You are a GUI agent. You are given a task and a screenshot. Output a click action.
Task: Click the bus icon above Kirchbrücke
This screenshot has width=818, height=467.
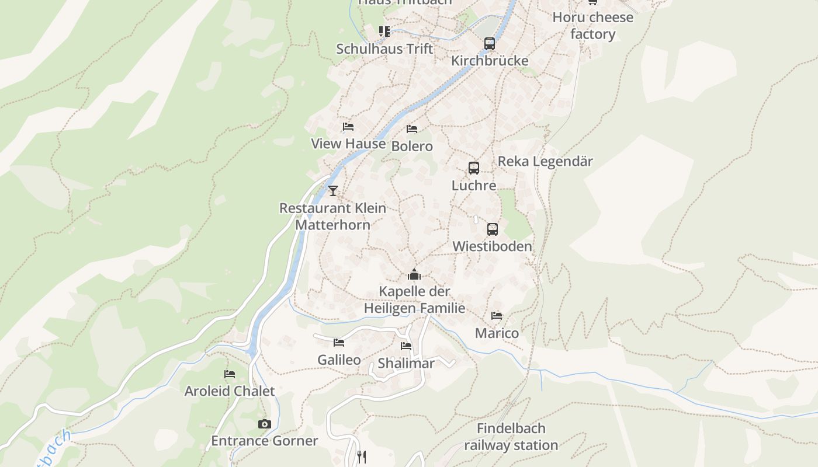pyautogui.click(x=490, y=43)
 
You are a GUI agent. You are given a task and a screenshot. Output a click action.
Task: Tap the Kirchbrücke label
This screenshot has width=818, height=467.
pyautogui.click(x=490, y=61)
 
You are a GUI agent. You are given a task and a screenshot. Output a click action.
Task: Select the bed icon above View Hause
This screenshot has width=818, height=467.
pyautogui.click(x=348, y=127)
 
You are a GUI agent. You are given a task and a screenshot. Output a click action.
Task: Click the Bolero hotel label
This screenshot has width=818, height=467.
pyautogui.click(x=412, y=146)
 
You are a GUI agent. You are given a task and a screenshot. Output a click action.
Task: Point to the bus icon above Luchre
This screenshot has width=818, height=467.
pyautogui.click(x=474, y=168)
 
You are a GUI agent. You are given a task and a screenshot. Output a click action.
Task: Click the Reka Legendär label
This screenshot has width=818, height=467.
pyautogui.click(x=545, y=161)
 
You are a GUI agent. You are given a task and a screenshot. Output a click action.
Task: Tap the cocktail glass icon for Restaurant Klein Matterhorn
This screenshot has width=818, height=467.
pyautogui.click(x=333, y=190)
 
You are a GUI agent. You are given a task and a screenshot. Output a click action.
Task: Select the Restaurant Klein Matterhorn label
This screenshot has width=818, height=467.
pyautogui.click(x=332, y=216)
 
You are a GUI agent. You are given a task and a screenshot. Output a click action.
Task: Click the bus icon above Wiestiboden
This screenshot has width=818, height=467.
pyautogui.click(x=493, y=229)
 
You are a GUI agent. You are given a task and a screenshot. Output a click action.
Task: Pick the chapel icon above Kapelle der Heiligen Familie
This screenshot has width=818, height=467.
pyautogui.click(x=414, y=274)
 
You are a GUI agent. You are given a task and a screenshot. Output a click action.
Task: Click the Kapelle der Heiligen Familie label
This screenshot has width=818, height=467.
pyautogui.click(x=414, y=299)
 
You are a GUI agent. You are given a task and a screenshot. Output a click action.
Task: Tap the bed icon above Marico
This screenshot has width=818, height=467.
pyautogui.click(x=497, y=316)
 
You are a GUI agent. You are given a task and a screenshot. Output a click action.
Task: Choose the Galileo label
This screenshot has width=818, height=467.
pyautogui.click(x=339, y=360)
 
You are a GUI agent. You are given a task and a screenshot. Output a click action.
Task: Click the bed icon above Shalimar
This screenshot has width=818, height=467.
pyautogui.click(x=406, y=346)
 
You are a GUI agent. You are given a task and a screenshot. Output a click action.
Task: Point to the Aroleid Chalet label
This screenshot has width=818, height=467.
pyautogui.click(x=230, y=391)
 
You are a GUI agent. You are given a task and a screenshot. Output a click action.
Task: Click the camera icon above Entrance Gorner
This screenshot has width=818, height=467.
pyautogui.click(x=265, y=424)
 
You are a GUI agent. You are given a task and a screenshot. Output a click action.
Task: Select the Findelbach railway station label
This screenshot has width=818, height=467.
pyautogui.click(x=511, y=437)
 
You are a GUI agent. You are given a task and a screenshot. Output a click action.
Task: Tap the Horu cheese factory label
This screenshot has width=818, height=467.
pyautogui.click(x=592, y=26)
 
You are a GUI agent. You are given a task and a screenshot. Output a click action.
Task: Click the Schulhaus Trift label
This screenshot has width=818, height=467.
pyautogui.click(x=384, y=48)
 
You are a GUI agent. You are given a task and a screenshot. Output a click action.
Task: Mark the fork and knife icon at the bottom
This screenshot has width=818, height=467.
pyautogui.click(x=362, y=457)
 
